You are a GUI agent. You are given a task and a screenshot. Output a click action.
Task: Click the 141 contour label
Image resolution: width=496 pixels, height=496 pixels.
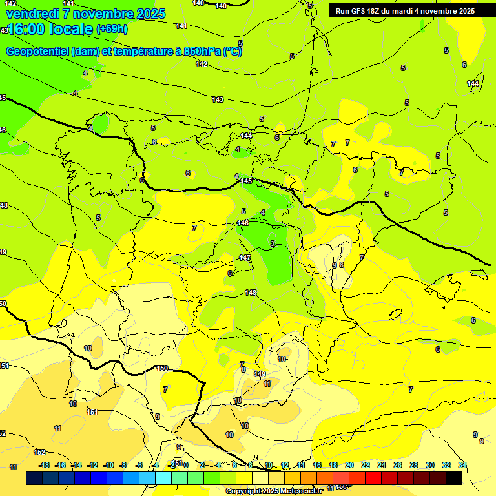tap(181, 26)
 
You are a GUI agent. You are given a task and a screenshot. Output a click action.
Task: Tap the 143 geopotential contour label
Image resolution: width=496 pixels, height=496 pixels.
tap(218, 99)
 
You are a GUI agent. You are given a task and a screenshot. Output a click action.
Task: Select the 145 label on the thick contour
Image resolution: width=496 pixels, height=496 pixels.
tap(246, 181)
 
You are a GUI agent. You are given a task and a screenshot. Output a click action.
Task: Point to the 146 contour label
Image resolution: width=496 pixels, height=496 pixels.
tap(243, 223)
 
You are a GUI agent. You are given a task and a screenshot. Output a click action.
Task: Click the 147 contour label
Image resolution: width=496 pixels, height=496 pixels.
tap(245, 258)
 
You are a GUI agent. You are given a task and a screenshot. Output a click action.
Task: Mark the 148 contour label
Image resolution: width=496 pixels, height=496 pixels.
tap(251, 293)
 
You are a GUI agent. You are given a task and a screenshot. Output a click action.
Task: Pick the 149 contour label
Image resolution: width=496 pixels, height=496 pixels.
tap(260, 374)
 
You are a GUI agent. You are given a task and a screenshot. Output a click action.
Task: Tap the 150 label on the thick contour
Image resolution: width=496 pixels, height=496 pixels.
tap(162, 368)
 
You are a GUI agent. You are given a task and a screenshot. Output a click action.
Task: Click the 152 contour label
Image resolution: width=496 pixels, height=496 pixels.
tap(39, 452)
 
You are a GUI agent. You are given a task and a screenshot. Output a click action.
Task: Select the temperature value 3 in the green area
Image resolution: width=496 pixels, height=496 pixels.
tap(273, 243)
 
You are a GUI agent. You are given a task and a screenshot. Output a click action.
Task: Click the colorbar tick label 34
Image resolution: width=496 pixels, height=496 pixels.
tap(462, 465)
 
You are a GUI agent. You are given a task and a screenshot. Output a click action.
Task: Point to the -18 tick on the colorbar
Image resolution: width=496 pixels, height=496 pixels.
tap(44, 465)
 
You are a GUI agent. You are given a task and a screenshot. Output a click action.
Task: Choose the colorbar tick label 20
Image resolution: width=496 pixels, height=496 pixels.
tap(349, 465)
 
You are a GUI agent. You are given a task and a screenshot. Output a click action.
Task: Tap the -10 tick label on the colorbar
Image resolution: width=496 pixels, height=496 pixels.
tap(108, 465)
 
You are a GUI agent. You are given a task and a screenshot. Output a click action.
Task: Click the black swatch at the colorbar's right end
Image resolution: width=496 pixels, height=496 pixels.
tap(454, 478)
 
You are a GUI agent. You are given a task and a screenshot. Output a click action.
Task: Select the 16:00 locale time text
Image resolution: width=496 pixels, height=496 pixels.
tap(48, 30)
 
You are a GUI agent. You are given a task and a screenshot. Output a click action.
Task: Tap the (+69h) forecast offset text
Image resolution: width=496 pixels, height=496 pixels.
tap(112, 29)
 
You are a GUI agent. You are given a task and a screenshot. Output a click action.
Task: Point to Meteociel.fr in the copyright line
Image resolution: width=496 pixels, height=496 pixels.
tap(300, 491)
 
